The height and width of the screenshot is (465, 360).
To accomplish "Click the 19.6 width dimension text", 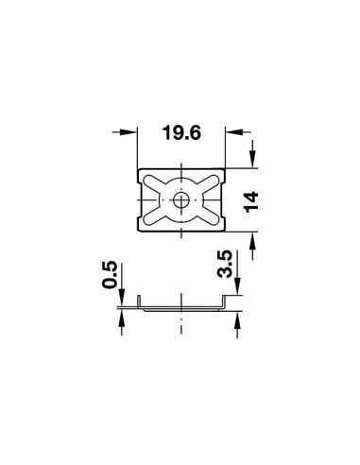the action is [181, 133].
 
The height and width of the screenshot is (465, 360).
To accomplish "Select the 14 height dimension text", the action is [252, 201].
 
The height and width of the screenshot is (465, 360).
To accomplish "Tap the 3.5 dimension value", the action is [225, 264].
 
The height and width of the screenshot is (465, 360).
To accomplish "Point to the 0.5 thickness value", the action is [110, 275].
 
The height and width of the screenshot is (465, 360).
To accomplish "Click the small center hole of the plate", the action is [181, 200].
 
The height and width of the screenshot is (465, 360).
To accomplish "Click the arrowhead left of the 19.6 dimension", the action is [130, 132].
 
